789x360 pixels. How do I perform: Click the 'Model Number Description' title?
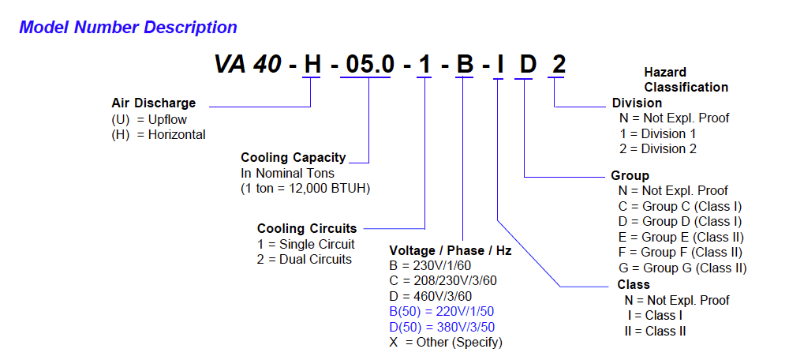128,28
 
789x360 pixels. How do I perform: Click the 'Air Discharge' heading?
153,103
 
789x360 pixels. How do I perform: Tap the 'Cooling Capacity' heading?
293,157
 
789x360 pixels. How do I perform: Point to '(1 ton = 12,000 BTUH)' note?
305,189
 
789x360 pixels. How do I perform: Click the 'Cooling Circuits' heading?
307,229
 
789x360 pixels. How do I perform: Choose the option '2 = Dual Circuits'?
305,259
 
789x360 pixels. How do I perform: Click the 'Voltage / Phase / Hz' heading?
450,251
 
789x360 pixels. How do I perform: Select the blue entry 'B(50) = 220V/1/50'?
443,311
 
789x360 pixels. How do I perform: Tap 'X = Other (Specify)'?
446,342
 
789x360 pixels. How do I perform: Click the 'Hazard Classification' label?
685,80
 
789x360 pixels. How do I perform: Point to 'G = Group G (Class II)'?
682,268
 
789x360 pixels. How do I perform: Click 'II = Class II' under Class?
655,331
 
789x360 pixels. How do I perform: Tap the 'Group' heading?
630,175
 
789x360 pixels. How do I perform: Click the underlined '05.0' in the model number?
370,64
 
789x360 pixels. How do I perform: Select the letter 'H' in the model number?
313,64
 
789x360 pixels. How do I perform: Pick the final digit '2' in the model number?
558,64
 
